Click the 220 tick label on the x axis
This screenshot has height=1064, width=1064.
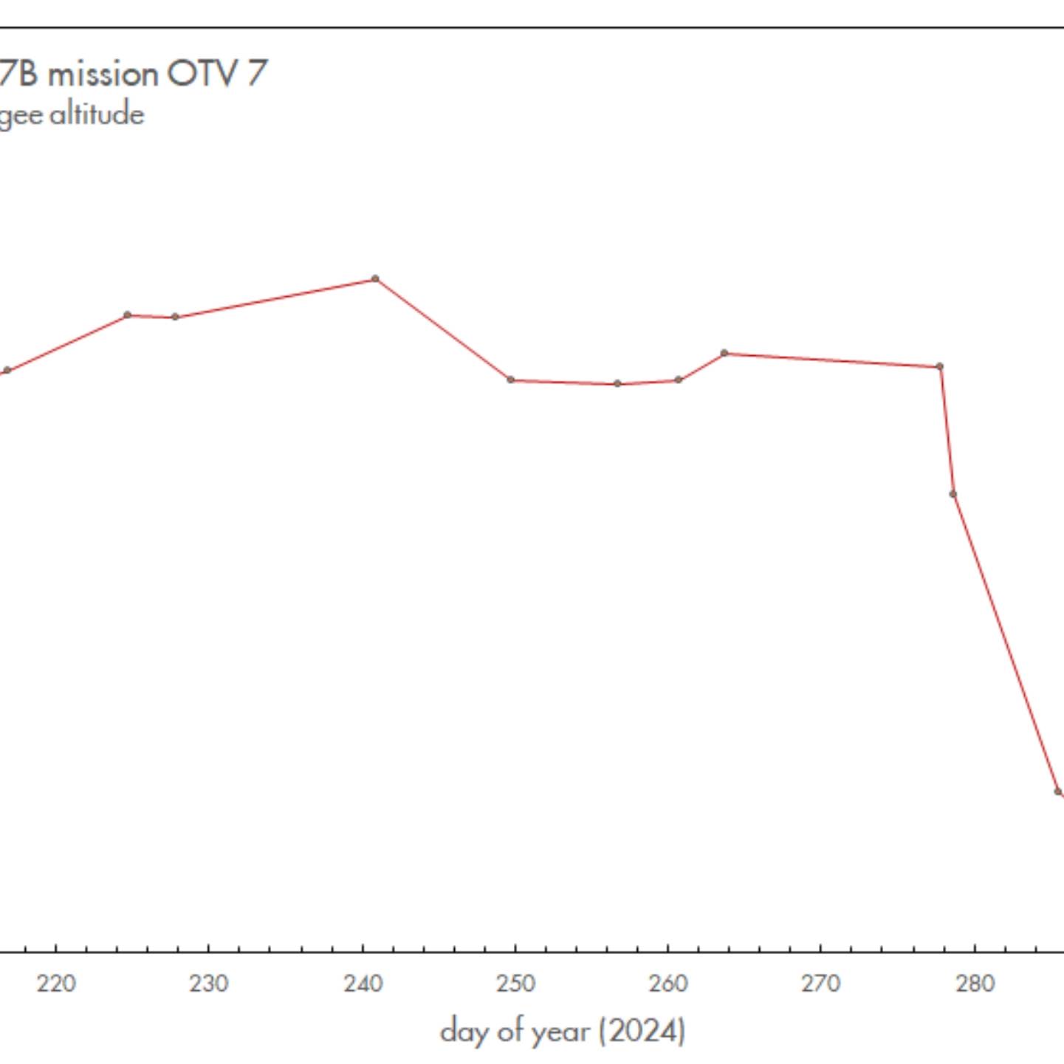pyautogui.click(x=56, y=984)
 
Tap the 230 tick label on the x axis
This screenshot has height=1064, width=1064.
pyautogui.click(x=209, y=984)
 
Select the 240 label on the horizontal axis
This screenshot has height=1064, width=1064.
pyautogui.click(x=363, y=984)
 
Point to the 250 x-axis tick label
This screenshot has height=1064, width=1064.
pyautogui.click(x=515, y=984)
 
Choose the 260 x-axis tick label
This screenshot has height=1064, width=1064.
pyautogui.click(x=668, y=984)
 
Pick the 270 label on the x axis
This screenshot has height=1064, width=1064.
pyautogui.click(x=821, y=984)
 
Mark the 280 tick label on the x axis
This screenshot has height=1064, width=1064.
pyautogui.click(x=975, y=984)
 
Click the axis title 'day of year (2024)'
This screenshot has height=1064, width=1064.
pyautogui.click(x=563, y=1031)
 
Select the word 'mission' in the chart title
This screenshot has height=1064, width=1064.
pyautogui.click(x=103, y=74)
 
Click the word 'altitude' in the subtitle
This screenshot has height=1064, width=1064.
pyautogui.click(x=97, y=114)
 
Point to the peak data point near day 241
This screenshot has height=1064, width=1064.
pyautogui.click(x=375, y=279)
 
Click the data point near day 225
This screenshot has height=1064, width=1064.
pyautogui.click(x=128, y=315)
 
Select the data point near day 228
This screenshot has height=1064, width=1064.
pyautogui.click(x=175, y=317)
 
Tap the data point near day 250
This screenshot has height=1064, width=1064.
pyautogui.click(x=511, y=380)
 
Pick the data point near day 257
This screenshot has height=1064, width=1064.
pyautogui.click(x=618, y=384)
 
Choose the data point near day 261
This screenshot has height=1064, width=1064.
pyautogui.click(x=679, y=380)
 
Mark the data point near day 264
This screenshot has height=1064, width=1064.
pyautogui.click(x=724, y=353)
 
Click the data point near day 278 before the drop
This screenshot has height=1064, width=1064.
pyautogui.click(x=940, y=366)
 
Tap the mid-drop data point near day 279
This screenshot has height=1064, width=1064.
pyautogui.click(x=953, y=494)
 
